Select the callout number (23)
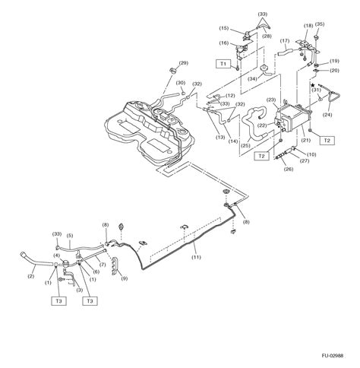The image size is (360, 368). click(x=271, y=100)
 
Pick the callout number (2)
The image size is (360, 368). click(x=31, y=278)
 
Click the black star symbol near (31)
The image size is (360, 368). click(x=311, y=85)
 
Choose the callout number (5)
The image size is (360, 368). click(x=69, y=236)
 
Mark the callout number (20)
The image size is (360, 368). click(x=335, y=71)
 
